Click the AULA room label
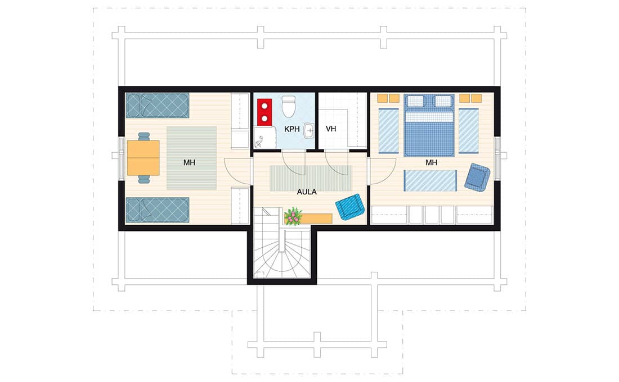(307, 192)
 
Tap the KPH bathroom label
(292, 129)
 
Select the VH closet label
(331, 129)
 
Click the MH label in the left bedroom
(189, 162)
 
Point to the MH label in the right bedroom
(431, 162)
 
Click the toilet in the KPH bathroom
(289, 106)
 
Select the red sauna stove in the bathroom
(264, 112)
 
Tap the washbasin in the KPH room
(309, 130)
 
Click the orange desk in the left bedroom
(143, 158)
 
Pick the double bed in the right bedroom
(429, 125)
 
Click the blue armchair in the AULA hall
(349, 207)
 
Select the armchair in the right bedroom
(477, 178)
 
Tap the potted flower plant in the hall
(293, 217)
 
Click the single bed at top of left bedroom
(158, 106)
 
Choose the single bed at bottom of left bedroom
(158, 210)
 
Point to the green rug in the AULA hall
(311, 179)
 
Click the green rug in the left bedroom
(191, 158)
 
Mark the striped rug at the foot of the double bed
(430, 180)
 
